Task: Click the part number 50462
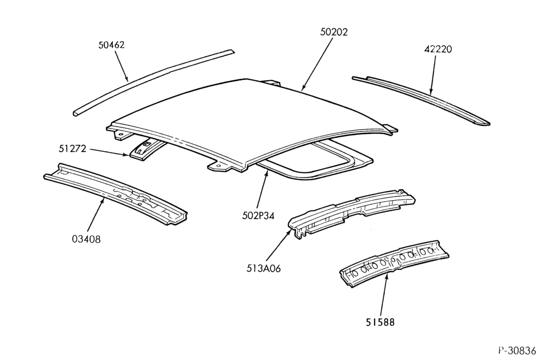point(111,45)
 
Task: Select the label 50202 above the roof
point(334,32)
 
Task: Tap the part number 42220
point(438,49)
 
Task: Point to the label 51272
point(72,149)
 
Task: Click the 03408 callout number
point(86,239)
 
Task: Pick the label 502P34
point(258,216)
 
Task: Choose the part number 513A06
point(263,268)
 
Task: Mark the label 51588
point(380,322)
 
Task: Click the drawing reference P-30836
point(517,350)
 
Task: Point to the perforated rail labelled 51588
point(394,263)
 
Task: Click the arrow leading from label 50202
point(317,64)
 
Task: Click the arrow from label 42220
point(433,75)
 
